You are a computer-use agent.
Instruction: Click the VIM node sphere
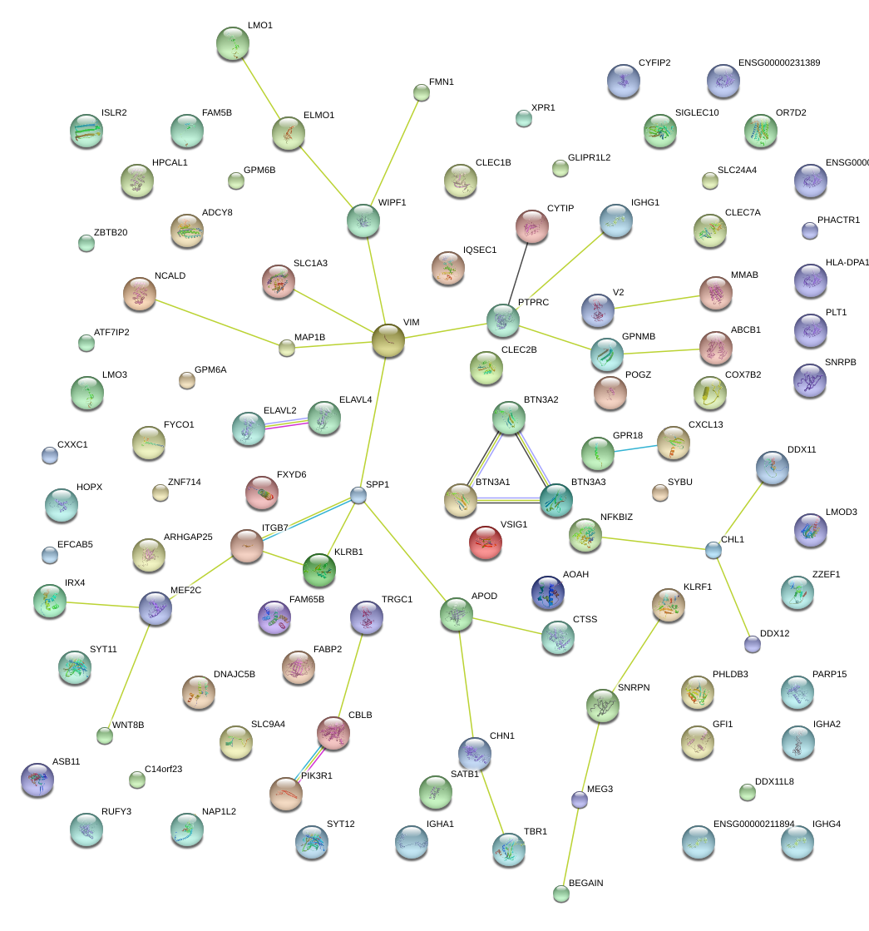(388, 340)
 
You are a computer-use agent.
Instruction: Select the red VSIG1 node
(486, 542)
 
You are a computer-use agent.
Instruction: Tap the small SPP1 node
(358, 496)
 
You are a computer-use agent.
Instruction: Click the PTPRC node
(502, 320)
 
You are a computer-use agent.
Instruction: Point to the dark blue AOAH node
(547, 592)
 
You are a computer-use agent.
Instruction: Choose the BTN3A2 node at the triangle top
(508, 418)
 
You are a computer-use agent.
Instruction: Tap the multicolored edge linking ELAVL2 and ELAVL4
(285, 423)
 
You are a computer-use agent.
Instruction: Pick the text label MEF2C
(185, 591)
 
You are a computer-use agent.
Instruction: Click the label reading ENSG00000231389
(778, 63)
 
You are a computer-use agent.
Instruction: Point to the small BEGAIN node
(561, 894)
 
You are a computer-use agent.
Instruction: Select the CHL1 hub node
(713, 550)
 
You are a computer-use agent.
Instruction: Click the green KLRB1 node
(319, 569)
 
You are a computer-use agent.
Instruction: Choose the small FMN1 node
(422, 92)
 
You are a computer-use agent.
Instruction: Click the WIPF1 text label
(392, 203)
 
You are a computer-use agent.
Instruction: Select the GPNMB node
(606, 354)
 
